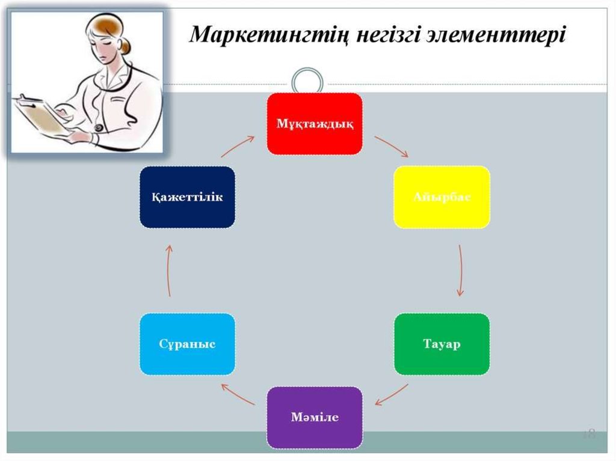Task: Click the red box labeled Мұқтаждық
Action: click(315, 124)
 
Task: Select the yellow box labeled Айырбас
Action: click(442, 197)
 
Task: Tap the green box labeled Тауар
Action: click(442, 344)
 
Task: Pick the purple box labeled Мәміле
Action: click(315, 417)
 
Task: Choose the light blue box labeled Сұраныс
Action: click(187, 344)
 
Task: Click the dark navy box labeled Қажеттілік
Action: click(187, 197)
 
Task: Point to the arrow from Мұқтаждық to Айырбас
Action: click(391, 146)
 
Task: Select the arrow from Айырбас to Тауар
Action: click(460, 270)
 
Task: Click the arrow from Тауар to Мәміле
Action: click(392, 394)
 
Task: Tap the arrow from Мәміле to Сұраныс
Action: click(238, 394)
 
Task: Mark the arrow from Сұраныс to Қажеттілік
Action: click(169, 270)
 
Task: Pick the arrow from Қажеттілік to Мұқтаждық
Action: click(238, 146)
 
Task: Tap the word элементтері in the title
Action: click(512, 35)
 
